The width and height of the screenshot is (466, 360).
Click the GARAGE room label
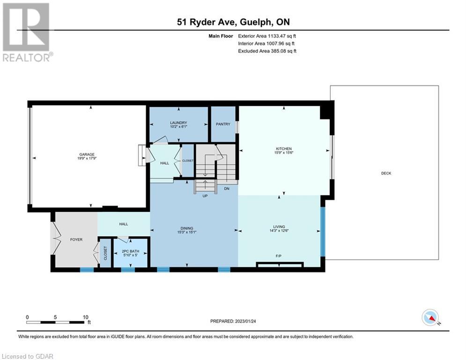point(87,154)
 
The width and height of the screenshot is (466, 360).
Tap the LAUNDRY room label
point(178,123)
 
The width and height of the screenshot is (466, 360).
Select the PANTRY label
point(223,124)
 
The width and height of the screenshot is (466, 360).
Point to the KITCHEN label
point(284,149)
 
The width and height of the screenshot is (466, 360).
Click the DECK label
point(386,173)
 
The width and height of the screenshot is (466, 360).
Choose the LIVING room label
point(279,227)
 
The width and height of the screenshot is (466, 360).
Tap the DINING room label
point(187,228)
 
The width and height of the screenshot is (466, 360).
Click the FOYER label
point(76,240)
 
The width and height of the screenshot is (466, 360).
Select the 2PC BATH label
point(131,251)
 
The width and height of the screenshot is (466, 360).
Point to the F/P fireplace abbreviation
point(279,256)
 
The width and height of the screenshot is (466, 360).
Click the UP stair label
point(205,196)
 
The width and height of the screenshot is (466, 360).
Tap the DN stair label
point(227,188)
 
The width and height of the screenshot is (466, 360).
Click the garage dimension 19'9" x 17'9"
point(87,158)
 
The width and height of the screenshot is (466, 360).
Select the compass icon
point(430,317)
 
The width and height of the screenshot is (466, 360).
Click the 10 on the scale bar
point(86,317)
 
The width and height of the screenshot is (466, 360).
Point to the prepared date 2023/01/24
point(245,321)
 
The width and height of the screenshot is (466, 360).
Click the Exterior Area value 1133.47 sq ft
point(282,36)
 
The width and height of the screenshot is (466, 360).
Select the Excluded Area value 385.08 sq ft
point(283,51)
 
